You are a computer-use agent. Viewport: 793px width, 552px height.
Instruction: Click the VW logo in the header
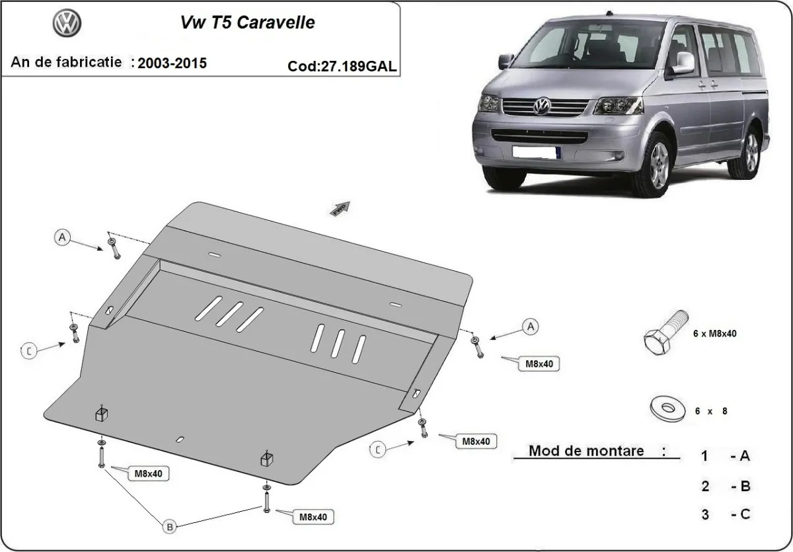click(x=67, y=24)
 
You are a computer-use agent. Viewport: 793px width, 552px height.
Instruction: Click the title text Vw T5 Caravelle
click(x=248, y=22)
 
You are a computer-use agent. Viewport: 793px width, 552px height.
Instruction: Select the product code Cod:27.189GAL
click(x=342, y=66)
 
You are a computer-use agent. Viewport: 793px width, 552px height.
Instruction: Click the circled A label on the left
click(x=63, y=238)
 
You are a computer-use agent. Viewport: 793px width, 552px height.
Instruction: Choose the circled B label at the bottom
click(x=169, y=527)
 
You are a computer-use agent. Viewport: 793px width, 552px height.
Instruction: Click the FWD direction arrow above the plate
click(x=340, y=207)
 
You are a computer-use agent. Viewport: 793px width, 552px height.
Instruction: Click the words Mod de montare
click(x=587, y=451)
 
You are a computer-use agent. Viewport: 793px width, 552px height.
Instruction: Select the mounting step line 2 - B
click(x=726, y=486)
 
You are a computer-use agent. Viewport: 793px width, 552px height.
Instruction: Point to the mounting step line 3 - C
click(x=726, y=514)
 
